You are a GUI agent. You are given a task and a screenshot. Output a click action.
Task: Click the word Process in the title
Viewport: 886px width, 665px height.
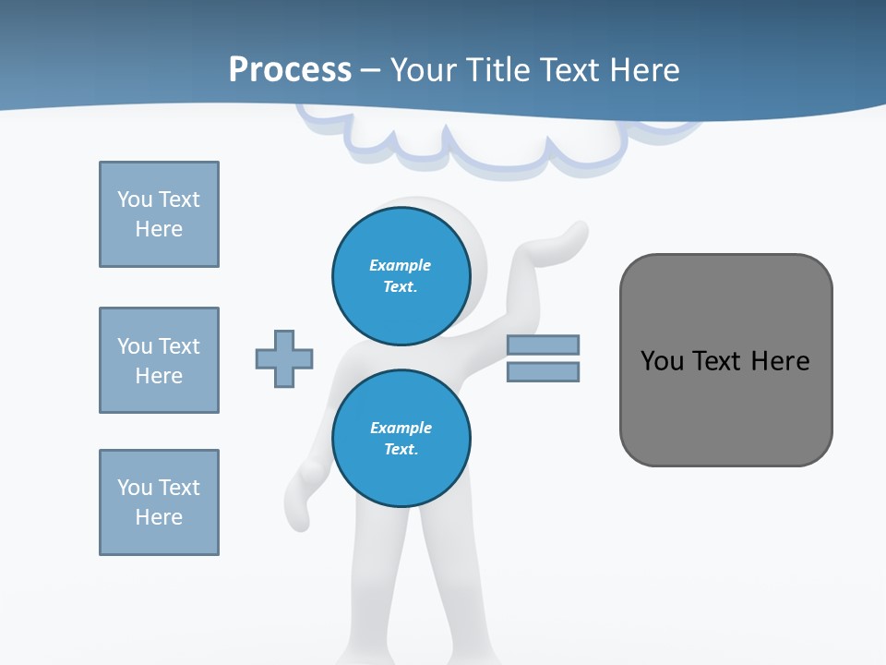(290, 69)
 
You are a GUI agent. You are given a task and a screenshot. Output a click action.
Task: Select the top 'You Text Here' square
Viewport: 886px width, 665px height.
(159, 214)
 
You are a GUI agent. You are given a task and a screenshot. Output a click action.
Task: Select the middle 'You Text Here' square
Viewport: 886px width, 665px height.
(159, 360)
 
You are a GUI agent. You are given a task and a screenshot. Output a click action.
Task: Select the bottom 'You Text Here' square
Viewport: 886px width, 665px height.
(159, 502)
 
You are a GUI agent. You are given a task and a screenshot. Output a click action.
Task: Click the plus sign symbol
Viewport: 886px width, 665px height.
(284, 358)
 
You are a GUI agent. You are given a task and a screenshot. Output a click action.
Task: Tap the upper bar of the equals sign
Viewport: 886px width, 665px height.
(543, 345)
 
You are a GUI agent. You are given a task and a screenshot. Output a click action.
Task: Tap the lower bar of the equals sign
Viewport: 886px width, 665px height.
(543, 372)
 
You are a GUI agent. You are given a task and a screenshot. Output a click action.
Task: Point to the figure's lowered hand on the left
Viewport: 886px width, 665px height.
(305, 490)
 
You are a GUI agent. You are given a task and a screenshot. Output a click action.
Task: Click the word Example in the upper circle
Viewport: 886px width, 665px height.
(400, 265)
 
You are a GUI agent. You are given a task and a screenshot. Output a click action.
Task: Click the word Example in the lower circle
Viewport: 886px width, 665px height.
(401, 428)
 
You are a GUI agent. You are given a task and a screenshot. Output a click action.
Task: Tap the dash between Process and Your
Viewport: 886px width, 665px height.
(371, 71)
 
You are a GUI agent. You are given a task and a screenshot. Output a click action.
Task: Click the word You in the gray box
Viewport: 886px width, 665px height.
(662, 360)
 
